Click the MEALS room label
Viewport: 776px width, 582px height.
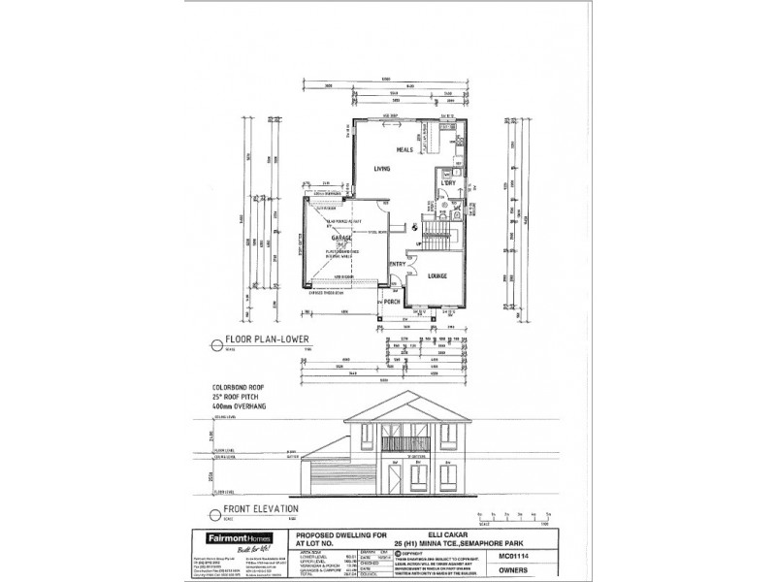[404, 150]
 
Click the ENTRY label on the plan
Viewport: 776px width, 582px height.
[398, 263]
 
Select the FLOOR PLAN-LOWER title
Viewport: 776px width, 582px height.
[266, 340]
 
